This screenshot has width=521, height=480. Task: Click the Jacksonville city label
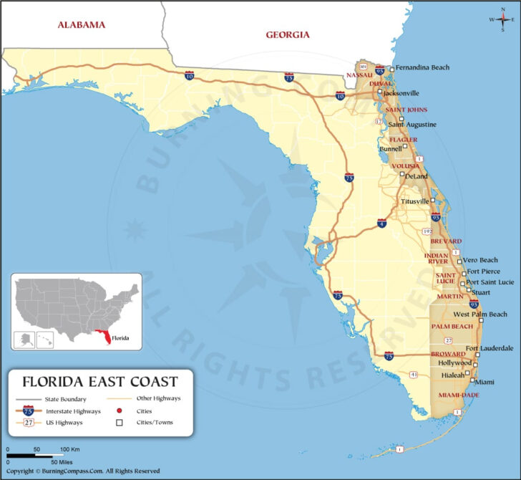(x=401, y=93)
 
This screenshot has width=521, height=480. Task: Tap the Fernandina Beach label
(x=422, y=67)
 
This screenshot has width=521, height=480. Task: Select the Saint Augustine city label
(x=412, y=124)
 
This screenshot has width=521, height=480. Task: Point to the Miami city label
(x=485, y=382)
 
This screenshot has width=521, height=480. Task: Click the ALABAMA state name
(x=82, y=25)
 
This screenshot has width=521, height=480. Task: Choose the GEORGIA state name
(x=287, y=34)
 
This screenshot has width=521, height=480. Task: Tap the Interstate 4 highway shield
(x=382, y=224)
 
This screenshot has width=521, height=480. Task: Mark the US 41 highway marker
(x=414, y=374)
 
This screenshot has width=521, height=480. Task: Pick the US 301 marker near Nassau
(x=364, y=67)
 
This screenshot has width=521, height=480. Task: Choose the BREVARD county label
(x=446, y=241)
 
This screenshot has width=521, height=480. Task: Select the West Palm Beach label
(x=480, y=315)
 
